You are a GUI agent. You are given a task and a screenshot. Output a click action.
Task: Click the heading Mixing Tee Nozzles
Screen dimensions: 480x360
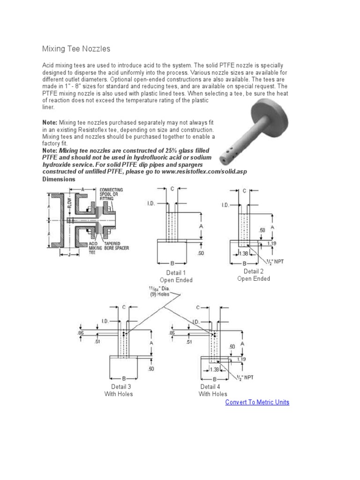76,49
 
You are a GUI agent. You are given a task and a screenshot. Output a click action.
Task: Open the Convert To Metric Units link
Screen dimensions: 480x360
257,402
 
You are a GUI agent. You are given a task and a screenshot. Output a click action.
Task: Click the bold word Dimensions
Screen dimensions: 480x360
59,179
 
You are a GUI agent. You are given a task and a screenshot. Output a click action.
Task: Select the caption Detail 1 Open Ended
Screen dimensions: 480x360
176,276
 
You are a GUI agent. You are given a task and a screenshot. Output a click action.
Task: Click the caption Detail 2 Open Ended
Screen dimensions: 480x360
254,275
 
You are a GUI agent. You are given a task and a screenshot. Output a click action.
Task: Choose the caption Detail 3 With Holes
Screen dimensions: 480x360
119,390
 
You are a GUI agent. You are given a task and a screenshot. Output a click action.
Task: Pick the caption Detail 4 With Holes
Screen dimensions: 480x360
213,390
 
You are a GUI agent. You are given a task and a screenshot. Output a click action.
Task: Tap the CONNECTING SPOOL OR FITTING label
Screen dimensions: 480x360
112,194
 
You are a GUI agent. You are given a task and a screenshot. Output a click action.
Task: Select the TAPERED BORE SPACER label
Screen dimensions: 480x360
116,246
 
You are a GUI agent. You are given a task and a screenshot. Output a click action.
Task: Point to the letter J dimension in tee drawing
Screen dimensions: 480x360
69,255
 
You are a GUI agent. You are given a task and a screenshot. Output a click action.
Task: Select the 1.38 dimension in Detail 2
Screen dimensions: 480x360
244,253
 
